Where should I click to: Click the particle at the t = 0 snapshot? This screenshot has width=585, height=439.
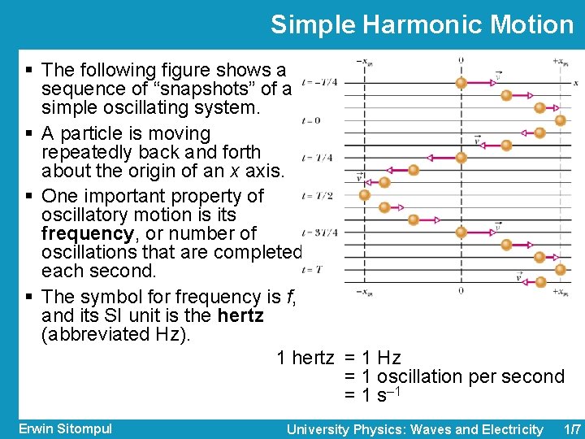coord(560,120)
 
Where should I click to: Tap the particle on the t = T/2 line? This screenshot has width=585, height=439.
coord(365,195)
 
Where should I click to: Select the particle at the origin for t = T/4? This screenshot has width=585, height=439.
coord(461,158)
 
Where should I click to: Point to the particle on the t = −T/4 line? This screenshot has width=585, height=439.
coord(461,82)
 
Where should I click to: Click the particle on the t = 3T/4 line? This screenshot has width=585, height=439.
coord(461,233)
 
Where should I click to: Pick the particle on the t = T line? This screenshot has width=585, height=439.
coord(560,270)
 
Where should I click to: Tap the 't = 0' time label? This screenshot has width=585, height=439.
coord(310,121)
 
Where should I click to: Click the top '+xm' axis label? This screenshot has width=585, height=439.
coord(559,61)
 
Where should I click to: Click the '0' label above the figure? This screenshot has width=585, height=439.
coord(461,61)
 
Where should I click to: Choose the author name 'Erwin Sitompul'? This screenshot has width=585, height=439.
coord(65,428)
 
